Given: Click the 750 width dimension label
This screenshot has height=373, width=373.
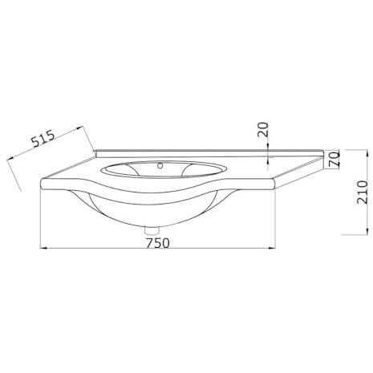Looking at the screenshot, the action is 158,243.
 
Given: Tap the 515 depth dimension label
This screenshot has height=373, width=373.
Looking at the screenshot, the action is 43,139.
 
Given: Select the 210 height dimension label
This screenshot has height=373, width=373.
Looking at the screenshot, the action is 363,193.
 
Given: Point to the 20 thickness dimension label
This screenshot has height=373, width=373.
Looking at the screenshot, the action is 262,129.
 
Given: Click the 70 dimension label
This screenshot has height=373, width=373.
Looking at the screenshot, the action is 334,159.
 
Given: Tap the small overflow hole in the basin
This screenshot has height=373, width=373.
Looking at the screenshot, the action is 160,166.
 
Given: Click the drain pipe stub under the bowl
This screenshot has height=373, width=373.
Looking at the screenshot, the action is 152,230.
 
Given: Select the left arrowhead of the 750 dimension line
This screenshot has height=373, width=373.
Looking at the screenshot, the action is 43,249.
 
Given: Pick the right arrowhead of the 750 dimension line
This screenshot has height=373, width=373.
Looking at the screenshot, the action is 272,249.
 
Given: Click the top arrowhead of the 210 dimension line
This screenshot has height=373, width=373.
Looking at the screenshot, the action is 367,154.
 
